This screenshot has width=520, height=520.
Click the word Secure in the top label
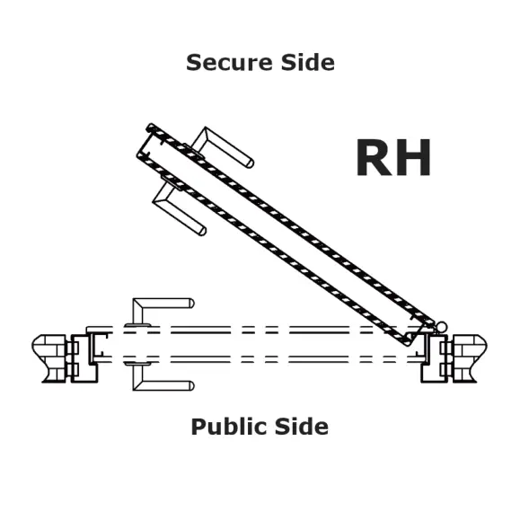pos(230,62)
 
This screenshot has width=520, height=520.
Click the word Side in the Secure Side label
pos(308,62)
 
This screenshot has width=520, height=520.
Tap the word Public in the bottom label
pos(230,427)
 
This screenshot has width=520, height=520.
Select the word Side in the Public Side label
pos(302,427)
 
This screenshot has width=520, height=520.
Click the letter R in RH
pos(374,158)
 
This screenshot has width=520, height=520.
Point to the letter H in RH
pos(413,158)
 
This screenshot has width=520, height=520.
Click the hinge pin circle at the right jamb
pos(441,327)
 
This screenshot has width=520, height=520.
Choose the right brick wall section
pos(468,358)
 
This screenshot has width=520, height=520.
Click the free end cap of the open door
pos(145,141)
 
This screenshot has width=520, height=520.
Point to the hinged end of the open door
pos(419,331)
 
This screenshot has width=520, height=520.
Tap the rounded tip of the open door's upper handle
pos(250,163)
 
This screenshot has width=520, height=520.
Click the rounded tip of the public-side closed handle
pos(191,385)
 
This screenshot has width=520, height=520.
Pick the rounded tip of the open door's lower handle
pos(202,231)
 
